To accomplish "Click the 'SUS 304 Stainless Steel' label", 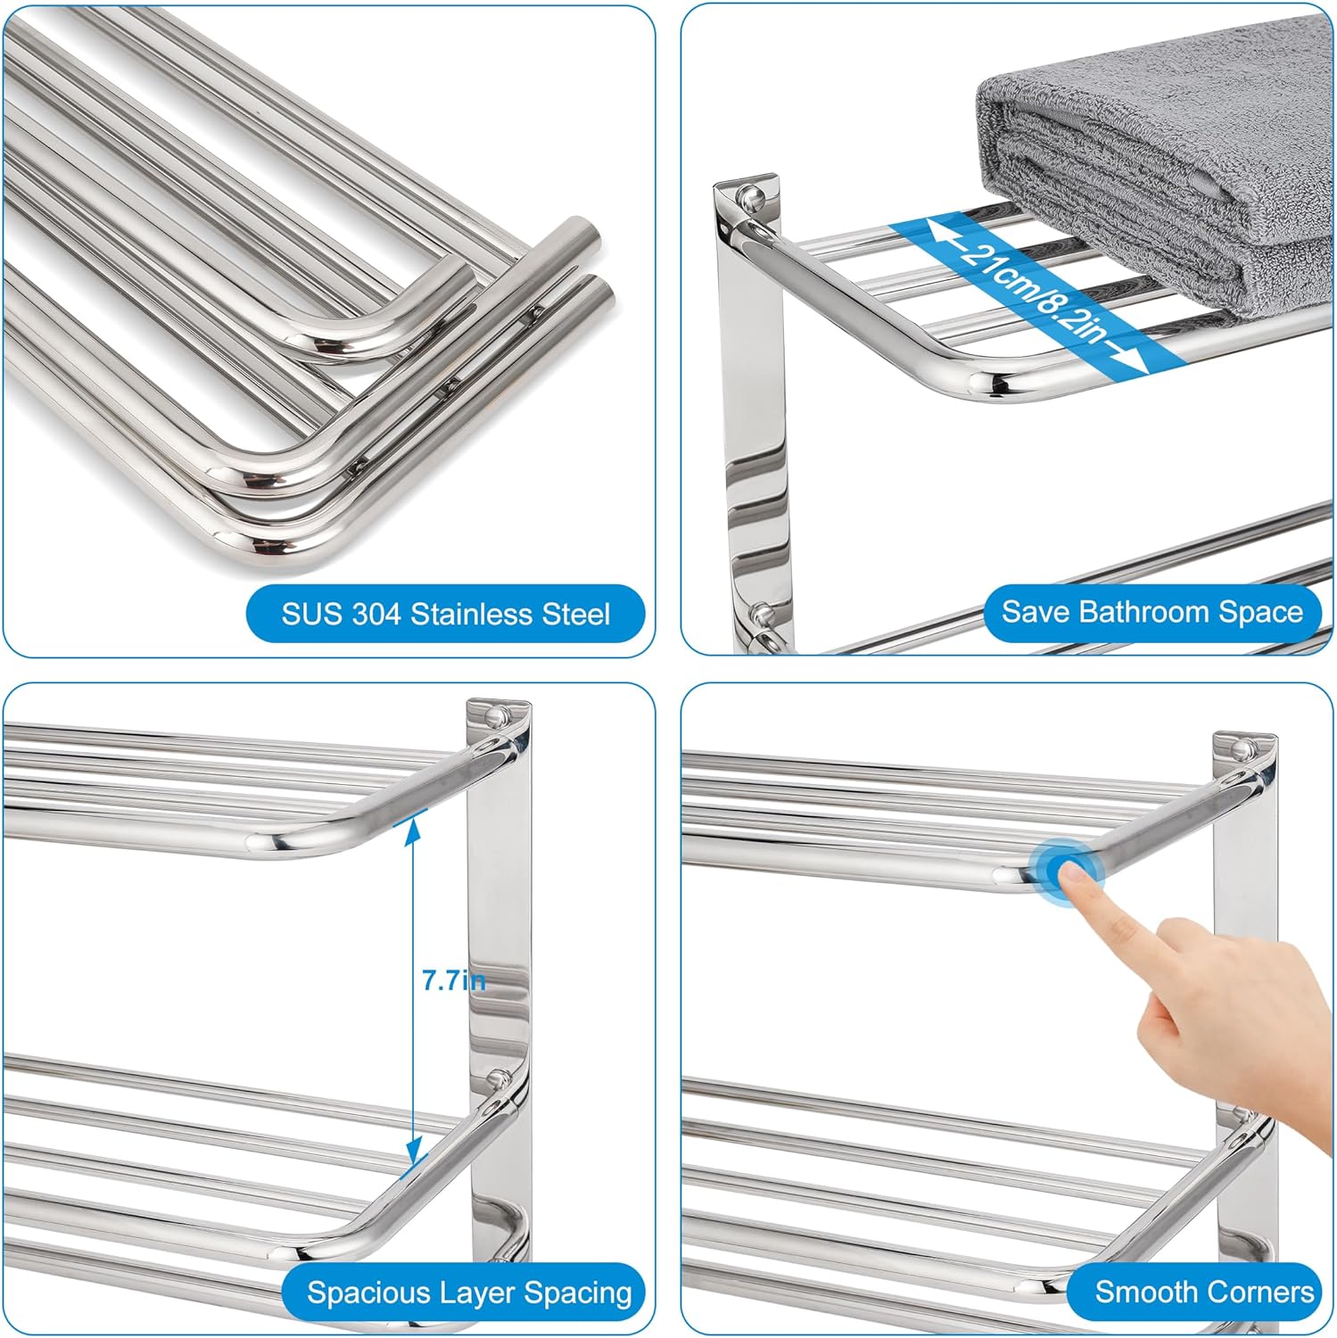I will coord(445,614).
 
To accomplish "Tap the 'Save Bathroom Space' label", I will coord(1151,612).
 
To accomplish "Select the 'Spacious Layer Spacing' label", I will coord(468,1292).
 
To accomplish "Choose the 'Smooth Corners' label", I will coord(1203,1291).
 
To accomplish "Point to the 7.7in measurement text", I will coord(453,981).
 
